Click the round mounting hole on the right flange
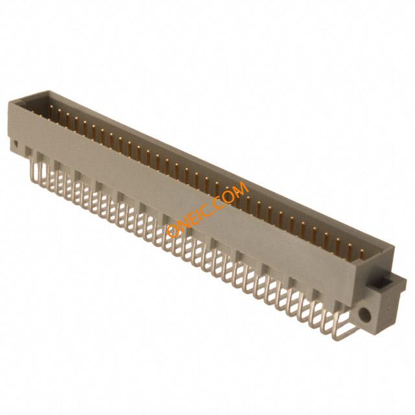[x=365, y=315]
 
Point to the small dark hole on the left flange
[x=16, y=144]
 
